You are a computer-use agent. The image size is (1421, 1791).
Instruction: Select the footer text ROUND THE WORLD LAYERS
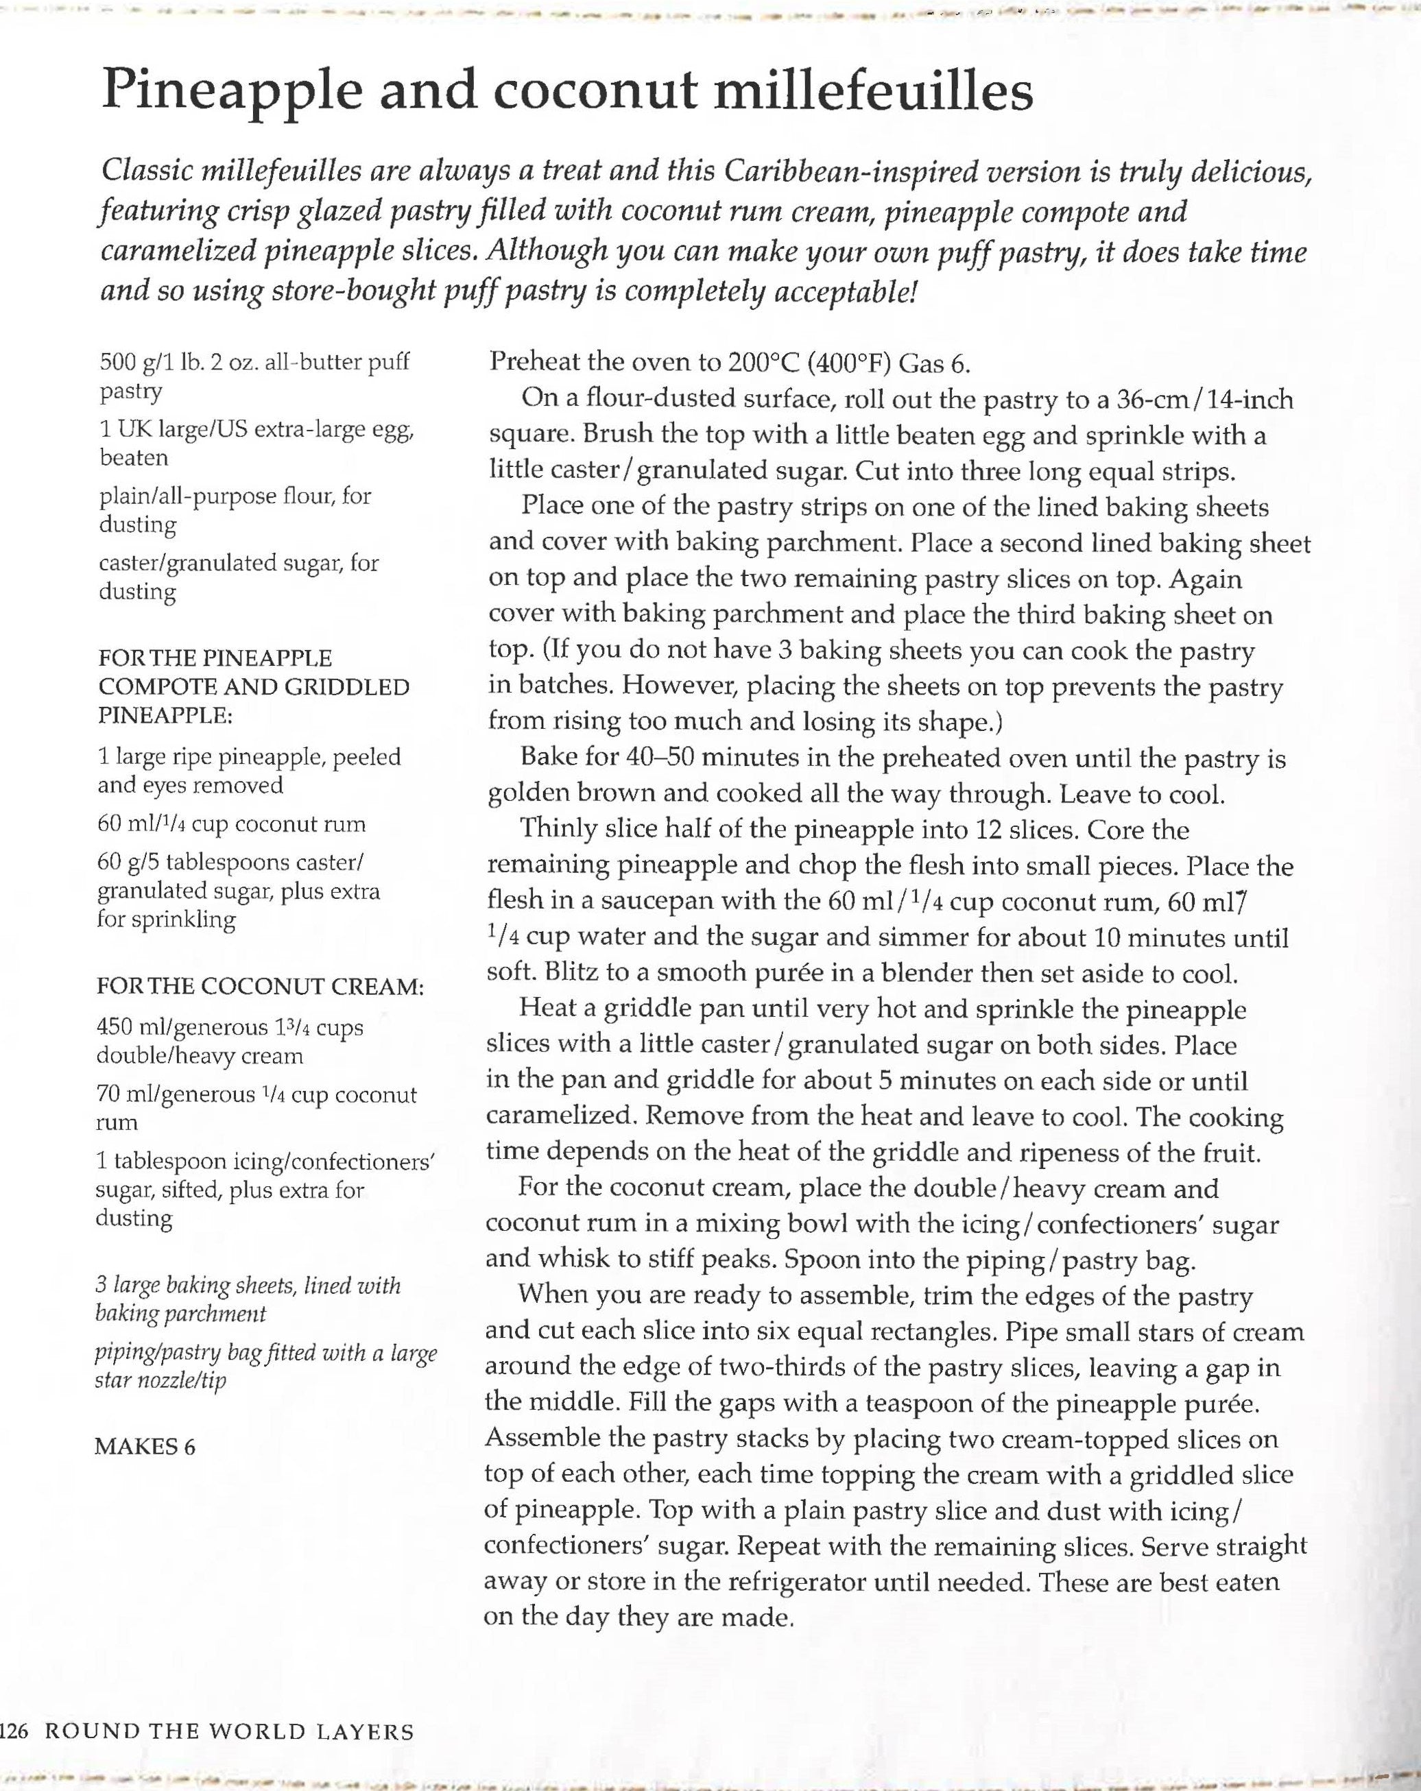tap(228, 1732)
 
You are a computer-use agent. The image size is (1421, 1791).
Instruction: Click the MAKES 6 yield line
tap(145, 1446)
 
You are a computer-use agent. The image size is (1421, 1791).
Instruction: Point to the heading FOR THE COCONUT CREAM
tap(260, 987)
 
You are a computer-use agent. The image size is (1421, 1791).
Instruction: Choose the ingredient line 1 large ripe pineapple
tap(248, 757)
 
